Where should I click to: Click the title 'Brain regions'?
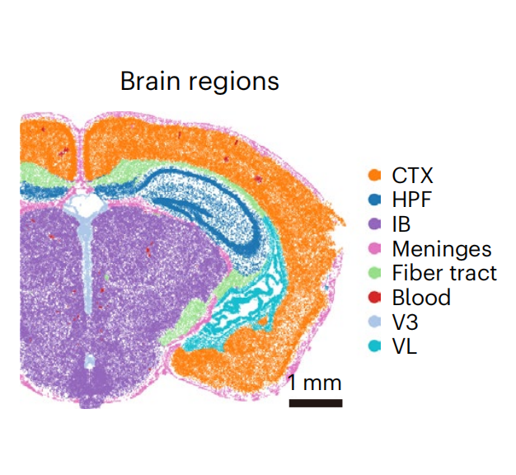199,82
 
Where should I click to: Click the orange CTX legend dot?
374,175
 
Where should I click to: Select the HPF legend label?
411,200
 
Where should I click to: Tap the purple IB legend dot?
374,223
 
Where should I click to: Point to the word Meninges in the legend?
442,249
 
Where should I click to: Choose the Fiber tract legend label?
444,273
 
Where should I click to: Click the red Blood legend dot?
374,297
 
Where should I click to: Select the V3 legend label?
405,322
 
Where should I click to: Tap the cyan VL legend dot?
374,346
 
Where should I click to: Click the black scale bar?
316,403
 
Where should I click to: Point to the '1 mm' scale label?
315,383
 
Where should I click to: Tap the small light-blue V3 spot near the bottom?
89,361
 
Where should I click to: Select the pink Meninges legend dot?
374,248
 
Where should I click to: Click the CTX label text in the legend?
412,175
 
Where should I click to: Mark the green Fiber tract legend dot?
374,273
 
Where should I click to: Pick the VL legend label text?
405,346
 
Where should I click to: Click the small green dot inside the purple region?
107,277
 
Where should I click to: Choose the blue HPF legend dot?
374,200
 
